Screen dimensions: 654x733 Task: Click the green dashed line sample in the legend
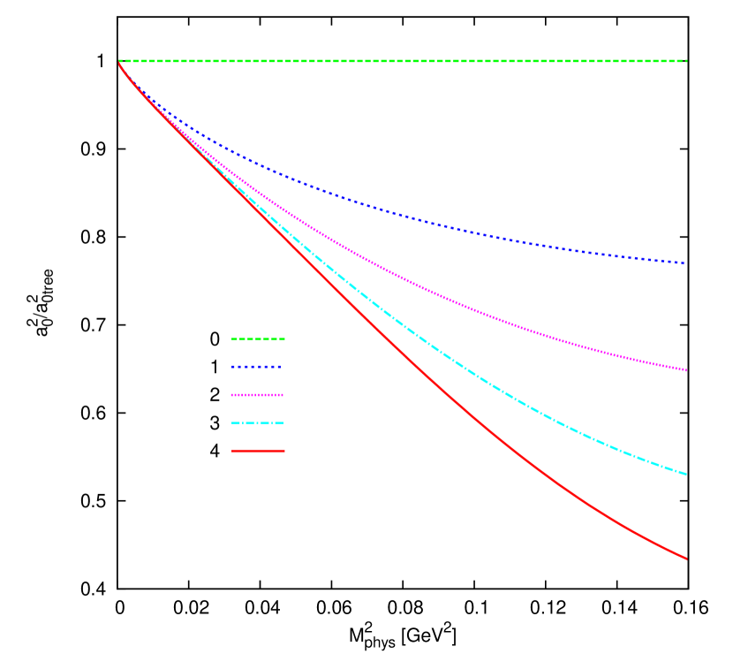pyautogui.click(x=258, y=338)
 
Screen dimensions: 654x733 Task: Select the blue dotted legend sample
pyautogui.click(x=256, y=367)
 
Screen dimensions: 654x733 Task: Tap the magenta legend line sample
pyautogui.click(x=258, y=395)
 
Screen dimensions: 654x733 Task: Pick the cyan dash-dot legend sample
pyautogui.click(x=258, y=422)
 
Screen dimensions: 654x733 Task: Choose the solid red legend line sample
pyautogui.click(x=258, y=451)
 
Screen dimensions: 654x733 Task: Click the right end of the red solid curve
pyautogui.click(x=685, y=558)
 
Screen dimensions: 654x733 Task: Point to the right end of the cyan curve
pyautogui.click(x=685, y=474)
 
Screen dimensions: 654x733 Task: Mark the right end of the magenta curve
pyautogui.click(x=685, y=369)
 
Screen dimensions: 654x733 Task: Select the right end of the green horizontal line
pyautogui.click(x=685, y=61)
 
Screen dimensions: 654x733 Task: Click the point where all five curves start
pyautogui.click(x=119, y=62)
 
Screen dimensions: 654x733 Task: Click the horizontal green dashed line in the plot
pyautogui.click(x=397, y=61)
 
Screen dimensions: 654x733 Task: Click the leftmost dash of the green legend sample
pyautogui.click(x=234, y=338)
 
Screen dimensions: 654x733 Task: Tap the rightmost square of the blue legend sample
pyautogui.click(x=277, y=367)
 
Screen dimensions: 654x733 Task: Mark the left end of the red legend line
pyautogui.click(x=233, y=451)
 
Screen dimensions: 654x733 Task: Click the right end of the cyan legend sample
pyautogui.click(x=282, y=422)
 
